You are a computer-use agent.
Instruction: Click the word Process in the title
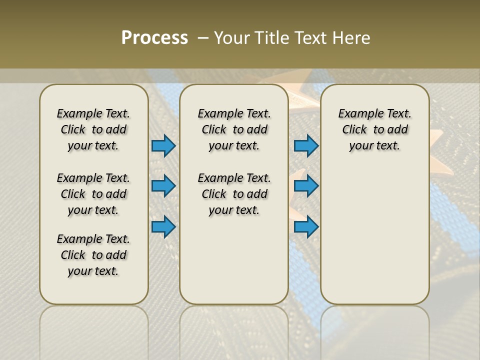click(154, 37)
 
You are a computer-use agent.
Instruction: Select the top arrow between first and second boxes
click(163, 145)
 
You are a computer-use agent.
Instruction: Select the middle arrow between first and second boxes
click(163, 186)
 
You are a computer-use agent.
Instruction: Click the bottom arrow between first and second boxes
click(163, 226)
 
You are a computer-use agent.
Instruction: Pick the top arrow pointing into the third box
click(306, 145)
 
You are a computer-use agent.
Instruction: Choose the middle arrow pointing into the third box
click(306, 186)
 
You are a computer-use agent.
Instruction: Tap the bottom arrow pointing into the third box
click(306, 226)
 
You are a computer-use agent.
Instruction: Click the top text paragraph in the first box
click(93, 129)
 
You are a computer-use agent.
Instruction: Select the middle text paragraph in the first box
click(93, 194)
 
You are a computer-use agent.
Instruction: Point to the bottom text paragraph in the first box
click(93, 255)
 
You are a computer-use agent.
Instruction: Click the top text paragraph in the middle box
click(234, 129)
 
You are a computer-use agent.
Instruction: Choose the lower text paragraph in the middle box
click(234, 194)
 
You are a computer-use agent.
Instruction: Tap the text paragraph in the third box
click(374, 129)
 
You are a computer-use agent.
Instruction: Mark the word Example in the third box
click(357, 114)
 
